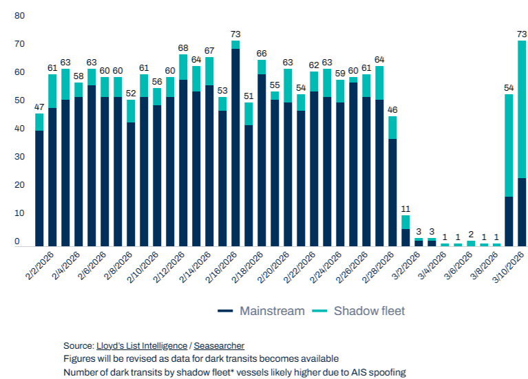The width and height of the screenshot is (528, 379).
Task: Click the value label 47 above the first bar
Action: tap(39, 107)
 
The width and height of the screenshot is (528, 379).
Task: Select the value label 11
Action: tap(406, 208)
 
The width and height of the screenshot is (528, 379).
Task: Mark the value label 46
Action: tap(392, 109)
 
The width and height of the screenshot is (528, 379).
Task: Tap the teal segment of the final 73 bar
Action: tap(522, 110)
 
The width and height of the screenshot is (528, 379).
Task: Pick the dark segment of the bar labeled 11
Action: tap(406, 238)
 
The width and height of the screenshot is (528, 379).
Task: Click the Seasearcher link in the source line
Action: tap(219, 346)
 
